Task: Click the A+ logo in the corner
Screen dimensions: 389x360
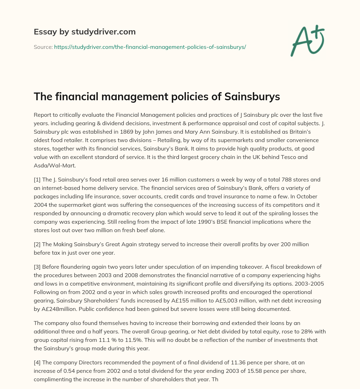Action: point(307,40)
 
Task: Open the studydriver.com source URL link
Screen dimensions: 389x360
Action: point(150,47)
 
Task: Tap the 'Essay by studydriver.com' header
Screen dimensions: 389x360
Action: point(84,32)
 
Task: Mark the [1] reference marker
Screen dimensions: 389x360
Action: point(37,179)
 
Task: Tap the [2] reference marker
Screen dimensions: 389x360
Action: point(37,244)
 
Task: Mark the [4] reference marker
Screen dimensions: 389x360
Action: point(37,363)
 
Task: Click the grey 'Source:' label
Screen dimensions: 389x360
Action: point(43,47)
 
